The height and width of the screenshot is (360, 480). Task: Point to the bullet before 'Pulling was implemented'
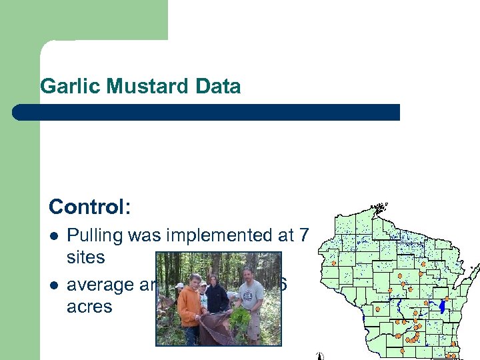coord(54,236)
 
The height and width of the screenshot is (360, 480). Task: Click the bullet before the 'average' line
coord(54,285)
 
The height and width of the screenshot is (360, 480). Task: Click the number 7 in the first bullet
coord(304,235)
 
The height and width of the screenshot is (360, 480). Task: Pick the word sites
coord(86,257)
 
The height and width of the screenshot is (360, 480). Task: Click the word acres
coord(89,307)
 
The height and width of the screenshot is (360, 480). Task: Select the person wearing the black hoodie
coord(217,293)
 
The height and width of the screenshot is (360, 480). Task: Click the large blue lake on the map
coord(441,307)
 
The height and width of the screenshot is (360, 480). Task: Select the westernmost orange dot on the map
coord(333,263)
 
